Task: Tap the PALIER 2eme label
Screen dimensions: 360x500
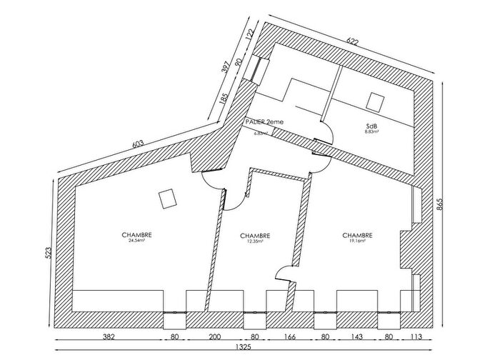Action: [264, 122]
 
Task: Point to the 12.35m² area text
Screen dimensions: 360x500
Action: [255, 241]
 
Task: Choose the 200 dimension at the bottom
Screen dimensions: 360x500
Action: [216, 335]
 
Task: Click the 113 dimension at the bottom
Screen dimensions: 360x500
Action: [416, 335]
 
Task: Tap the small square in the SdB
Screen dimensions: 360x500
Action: [375, 101]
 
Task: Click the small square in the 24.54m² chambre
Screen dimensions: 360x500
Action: [168, 199]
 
